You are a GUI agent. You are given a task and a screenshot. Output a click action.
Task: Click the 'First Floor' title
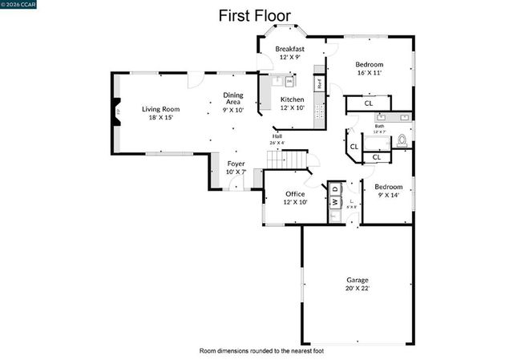[256, 15]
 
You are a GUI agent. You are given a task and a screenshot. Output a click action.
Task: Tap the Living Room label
[160, 109]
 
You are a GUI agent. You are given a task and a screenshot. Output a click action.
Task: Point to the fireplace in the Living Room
[117, 113]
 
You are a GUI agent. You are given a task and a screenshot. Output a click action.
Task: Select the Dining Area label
[233, 98]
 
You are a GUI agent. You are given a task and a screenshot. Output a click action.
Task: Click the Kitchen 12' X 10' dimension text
[292, 107]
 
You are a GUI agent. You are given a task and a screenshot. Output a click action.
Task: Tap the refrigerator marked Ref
[319, 82]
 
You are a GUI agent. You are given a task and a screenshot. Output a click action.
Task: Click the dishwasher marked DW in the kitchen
[289, 81]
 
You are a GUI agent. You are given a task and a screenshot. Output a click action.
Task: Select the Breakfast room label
[289, 49]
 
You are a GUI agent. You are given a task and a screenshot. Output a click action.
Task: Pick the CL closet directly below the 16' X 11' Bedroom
[368, 103]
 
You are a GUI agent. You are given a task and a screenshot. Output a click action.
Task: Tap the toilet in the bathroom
[402, 140]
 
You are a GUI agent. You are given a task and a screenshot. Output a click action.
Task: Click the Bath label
[379, 127]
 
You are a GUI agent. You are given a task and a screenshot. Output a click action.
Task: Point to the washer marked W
[334, 201]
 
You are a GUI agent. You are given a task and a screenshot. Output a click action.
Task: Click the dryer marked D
[334, 188]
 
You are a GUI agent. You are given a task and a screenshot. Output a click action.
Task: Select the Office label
[295, 194]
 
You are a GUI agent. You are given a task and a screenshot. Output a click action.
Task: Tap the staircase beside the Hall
[287, 160]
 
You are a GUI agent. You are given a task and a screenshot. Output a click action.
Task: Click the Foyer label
[236, 164]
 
